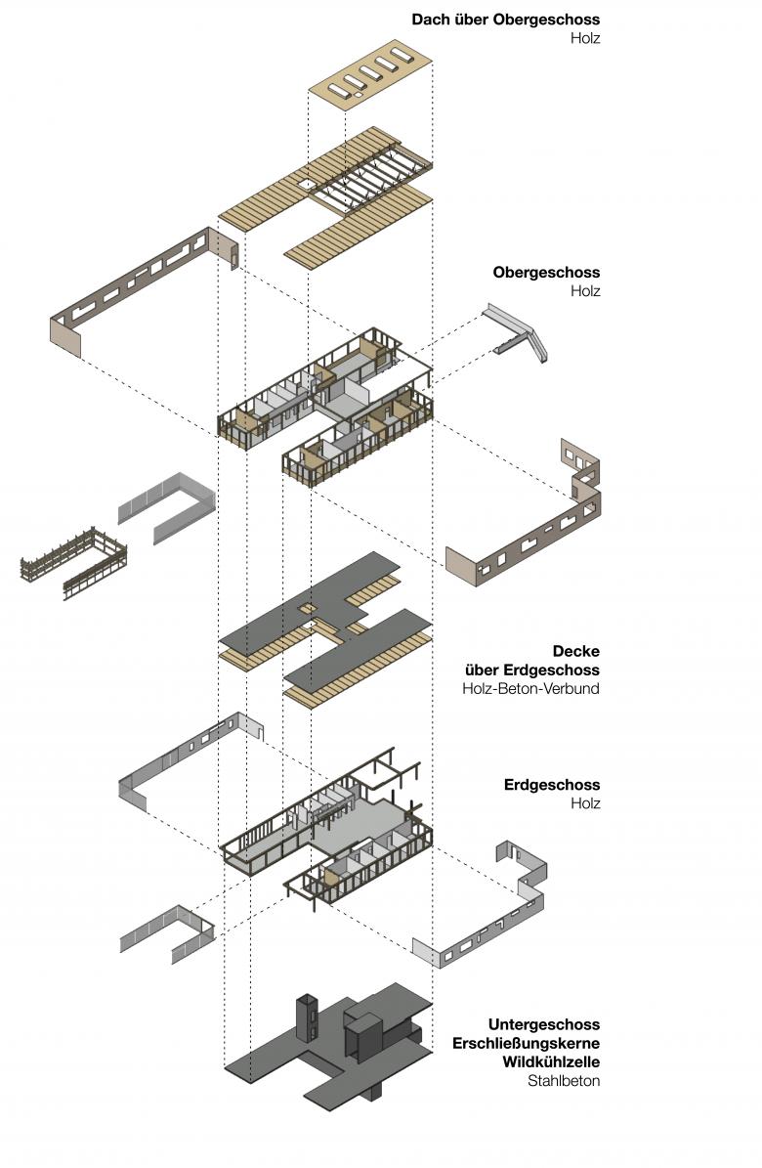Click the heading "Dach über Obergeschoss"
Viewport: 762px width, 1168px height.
[505, 20]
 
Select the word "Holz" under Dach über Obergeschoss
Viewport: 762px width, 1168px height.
[585, 39]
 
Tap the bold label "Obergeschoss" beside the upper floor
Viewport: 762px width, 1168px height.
[546, 273]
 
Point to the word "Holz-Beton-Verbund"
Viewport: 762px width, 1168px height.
[531, 689]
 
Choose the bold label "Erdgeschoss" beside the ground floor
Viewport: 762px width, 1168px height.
[552, 785]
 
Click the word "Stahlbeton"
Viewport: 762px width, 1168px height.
[564, 1081]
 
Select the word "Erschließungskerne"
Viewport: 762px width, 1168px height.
[526, 1043]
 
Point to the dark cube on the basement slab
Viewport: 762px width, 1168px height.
[364, 1036]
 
